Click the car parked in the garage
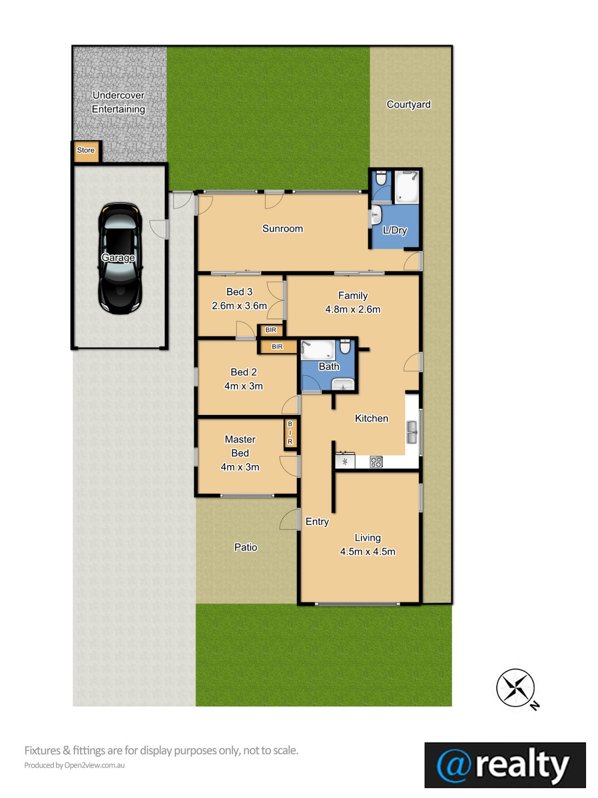click(120, 258)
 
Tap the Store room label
click(86, 150)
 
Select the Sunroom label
click(283, 228)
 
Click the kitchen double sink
click(412, 432)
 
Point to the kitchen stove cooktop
click(376, 462)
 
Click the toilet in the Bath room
click(345, 346)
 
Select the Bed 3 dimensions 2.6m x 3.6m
click(239, 306)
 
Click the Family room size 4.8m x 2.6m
click(352, 309)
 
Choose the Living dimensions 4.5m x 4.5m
click(367, 552)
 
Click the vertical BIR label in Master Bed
click(290, 432)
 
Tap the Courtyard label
click(409, 105)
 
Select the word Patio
click(246, 547)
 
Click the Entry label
click(317, 522)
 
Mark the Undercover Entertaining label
click(119, 102)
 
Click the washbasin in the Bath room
click(343, 384)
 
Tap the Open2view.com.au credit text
click(94, 765)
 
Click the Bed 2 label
click(244, 372)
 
